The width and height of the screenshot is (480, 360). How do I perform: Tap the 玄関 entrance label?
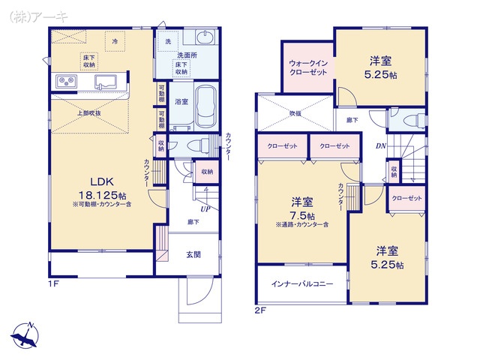(x=193, y=254)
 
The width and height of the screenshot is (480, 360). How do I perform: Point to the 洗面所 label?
(x=187, y=55)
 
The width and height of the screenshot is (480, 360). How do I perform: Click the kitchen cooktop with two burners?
(x=65, y=81)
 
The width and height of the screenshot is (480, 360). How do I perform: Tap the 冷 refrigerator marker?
(x=115, y=42)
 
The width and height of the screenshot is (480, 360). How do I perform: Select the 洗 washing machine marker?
(x=168, y=41)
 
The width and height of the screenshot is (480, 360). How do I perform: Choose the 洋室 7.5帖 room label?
(x=302, y=208)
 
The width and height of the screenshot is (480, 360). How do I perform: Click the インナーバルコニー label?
(x=303, y=285)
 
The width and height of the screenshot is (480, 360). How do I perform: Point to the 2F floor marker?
(x=260, y=308)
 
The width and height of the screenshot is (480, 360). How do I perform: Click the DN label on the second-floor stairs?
(x=381, y=146)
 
